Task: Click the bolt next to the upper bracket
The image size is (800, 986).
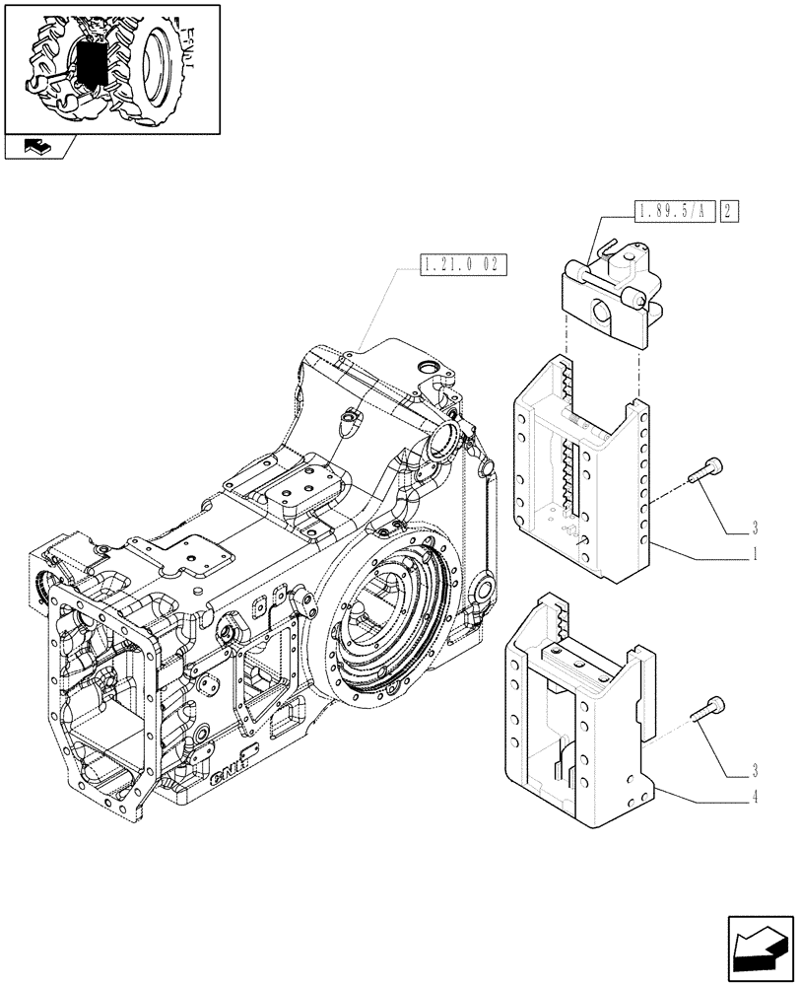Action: coord(705,471)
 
